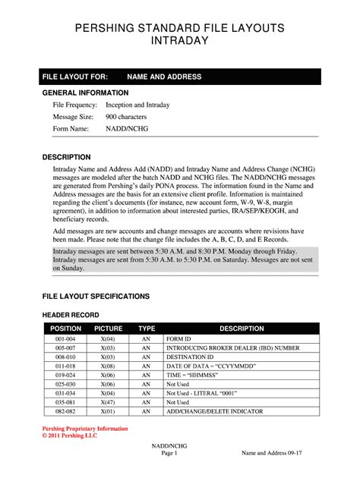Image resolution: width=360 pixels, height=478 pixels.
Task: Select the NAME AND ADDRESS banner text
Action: [163, 77]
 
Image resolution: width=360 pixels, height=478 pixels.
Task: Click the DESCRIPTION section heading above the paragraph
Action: [67, 156]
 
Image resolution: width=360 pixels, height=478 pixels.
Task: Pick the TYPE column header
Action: [147, 329]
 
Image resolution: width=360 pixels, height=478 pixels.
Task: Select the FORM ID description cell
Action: [180, 339]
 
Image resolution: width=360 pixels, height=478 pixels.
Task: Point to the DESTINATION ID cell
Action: [190, 357]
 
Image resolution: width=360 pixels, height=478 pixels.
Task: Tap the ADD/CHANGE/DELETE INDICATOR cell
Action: [215, 410]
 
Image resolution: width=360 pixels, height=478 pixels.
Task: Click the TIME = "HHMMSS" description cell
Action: [194, 375]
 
